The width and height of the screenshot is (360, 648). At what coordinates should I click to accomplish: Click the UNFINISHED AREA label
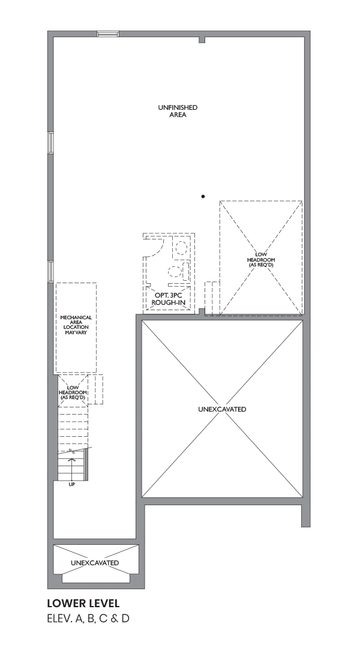[178, 111]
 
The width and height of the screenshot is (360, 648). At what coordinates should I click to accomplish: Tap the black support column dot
[203, 196]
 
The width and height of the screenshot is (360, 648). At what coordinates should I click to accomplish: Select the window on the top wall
[108, 34]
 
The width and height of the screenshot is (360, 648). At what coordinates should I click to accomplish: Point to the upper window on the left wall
[50, 143]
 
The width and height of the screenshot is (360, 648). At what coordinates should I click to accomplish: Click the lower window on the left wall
[50, 272]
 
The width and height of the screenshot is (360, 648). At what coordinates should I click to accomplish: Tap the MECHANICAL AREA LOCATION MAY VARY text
[76, 325]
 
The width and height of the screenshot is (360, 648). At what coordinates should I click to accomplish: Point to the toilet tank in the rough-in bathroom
[185, 271]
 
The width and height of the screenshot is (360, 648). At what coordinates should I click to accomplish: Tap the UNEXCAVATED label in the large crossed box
[222, 409]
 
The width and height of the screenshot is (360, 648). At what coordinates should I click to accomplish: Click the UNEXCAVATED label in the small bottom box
[95, 563]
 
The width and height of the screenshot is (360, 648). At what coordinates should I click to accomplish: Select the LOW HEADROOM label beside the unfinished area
[261, 260]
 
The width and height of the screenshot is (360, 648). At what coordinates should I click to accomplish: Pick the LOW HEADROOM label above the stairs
[73, 392]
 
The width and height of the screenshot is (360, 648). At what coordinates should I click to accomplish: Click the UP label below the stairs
[72, 484]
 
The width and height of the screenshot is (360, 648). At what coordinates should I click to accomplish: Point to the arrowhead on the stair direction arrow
[73, 458]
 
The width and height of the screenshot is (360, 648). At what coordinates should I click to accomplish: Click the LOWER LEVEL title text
[83, 604]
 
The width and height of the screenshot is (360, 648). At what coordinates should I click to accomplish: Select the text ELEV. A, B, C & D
[88, 619]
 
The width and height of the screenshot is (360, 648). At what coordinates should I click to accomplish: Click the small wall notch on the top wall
[202, 40]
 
